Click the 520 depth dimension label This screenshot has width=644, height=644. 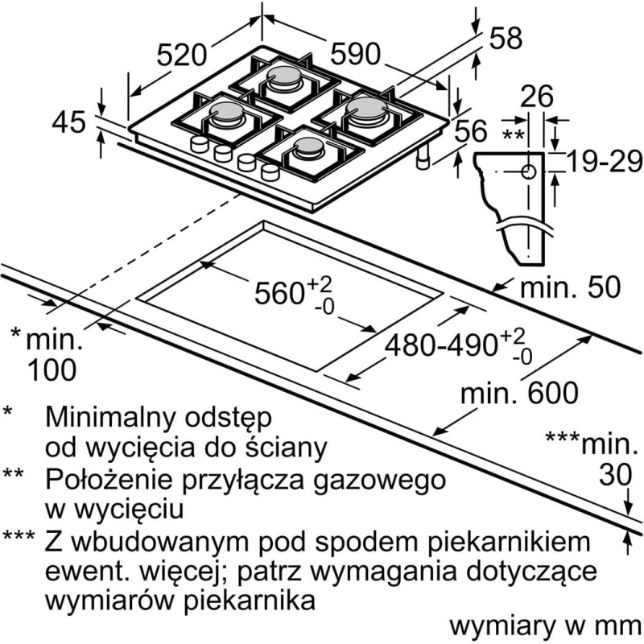(181, 55)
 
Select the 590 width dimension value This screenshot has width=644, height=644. (356, 54)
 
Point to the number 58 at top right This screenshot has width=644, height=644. (506, 38)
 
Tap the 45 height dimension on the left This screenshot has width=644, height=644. (68, 122)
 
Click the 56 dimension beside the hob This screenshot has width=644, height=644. (471, 131)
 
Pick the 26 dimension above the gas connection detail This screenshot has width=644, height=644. (537, 97)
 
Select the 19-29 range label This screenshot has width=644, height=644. (604, 160)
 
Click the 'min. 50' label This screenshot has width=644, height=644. (571, 287)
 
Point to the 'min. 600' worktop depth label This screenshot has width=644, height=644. (519, 393)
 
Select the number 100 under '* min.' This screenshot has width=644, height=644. (52, 369)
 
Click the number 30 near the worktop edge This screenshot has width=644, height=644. (615, 475)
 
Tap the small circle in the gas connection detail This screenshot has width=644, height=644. (529, 171)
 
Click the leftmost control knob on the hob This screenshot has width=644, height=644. (200, 144)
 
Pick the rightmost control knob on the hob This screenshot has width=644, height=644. (270, 172)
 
